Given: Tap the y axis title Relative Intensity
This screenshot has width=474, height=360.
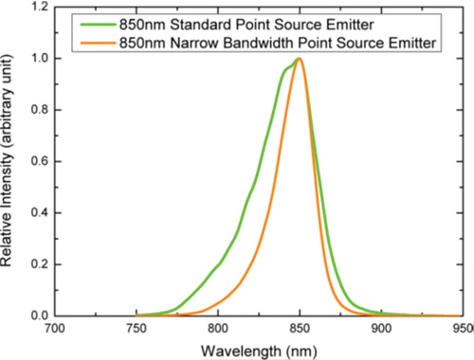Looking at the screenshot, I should coord(10,161).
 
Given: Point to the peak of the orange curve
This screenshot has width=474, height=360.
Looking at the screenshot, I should coord(300,59).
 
